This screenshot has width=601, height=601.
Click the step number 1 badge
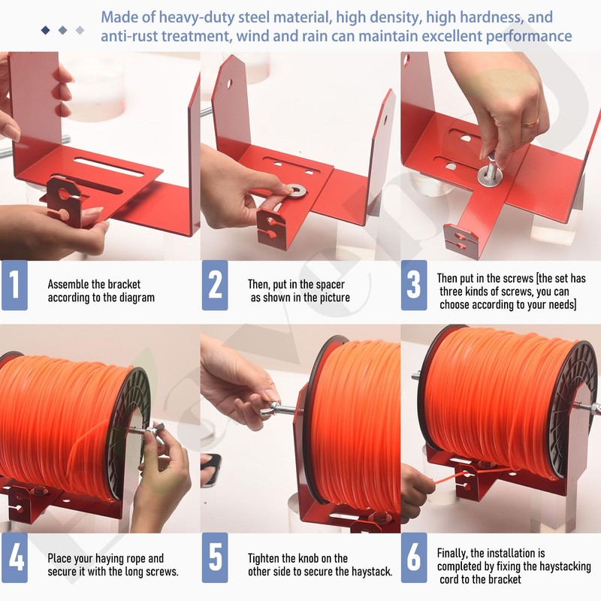[14, 285]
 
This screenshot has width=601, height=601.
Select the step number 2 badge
[215, 285]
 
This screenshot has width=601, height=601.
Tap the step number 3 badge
[414, 285]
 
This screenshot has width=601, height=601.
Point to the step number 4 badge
[14, 557]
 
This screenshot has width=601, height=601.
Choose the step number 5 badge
[215, 557]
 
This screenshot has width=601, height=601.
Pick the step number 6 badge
[414, 557]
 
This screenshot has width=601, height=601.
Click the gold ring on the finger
[530, 123]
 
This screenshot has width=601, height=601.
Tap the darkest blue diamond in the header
[46, 30]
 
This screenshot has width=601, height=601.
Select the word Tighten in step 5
[264, 558]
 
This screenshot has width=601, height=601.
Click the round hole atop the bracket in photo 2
[230, 83]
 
